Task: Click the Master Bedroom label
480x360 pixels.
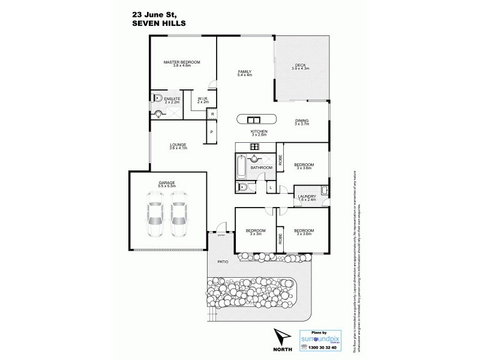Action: (182, 62)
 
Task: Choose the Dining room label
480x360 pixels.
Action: (302, 121)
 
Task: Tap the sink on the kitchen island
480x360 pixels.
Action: (253, 118)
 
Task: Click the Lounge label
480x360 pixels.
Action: (178, 145)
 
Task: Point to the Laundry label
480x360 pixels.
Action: (307, 196)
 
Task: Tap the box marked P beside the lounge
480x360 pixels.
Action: (211, 132)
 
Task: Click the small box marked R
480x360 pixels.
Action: (212, 113)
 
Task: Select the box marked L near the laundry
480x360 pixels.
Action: (271, 188)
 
